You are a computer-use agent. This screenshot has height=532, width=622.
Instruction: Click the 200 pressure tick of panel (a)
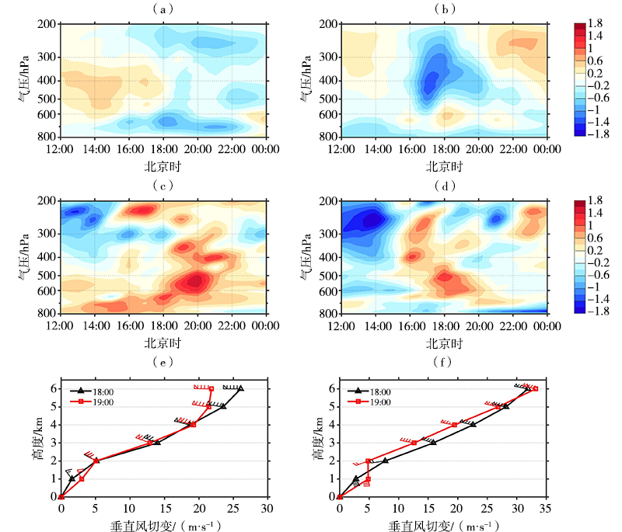(x=45, y=24)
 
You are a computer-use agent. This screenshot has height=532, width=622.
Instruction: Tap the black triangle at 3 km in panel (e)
(x=157, y=442)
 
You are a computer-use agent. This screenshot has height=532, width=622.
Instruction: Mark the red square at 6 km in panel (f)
(x=535, y=389)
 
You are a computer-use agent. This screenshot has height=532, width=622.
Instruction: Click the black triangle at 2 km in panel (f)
(x=384, y=460)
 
